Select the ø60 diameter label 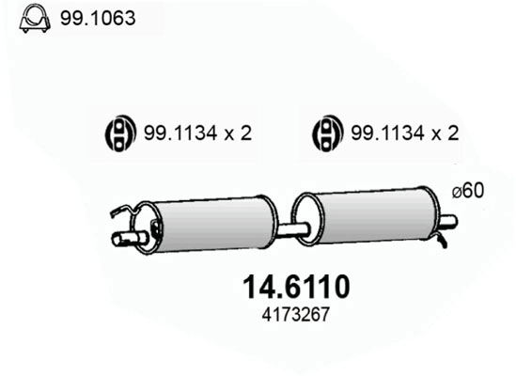[x=467, y=191]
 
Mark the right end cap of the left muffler [x=271, y=224]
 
